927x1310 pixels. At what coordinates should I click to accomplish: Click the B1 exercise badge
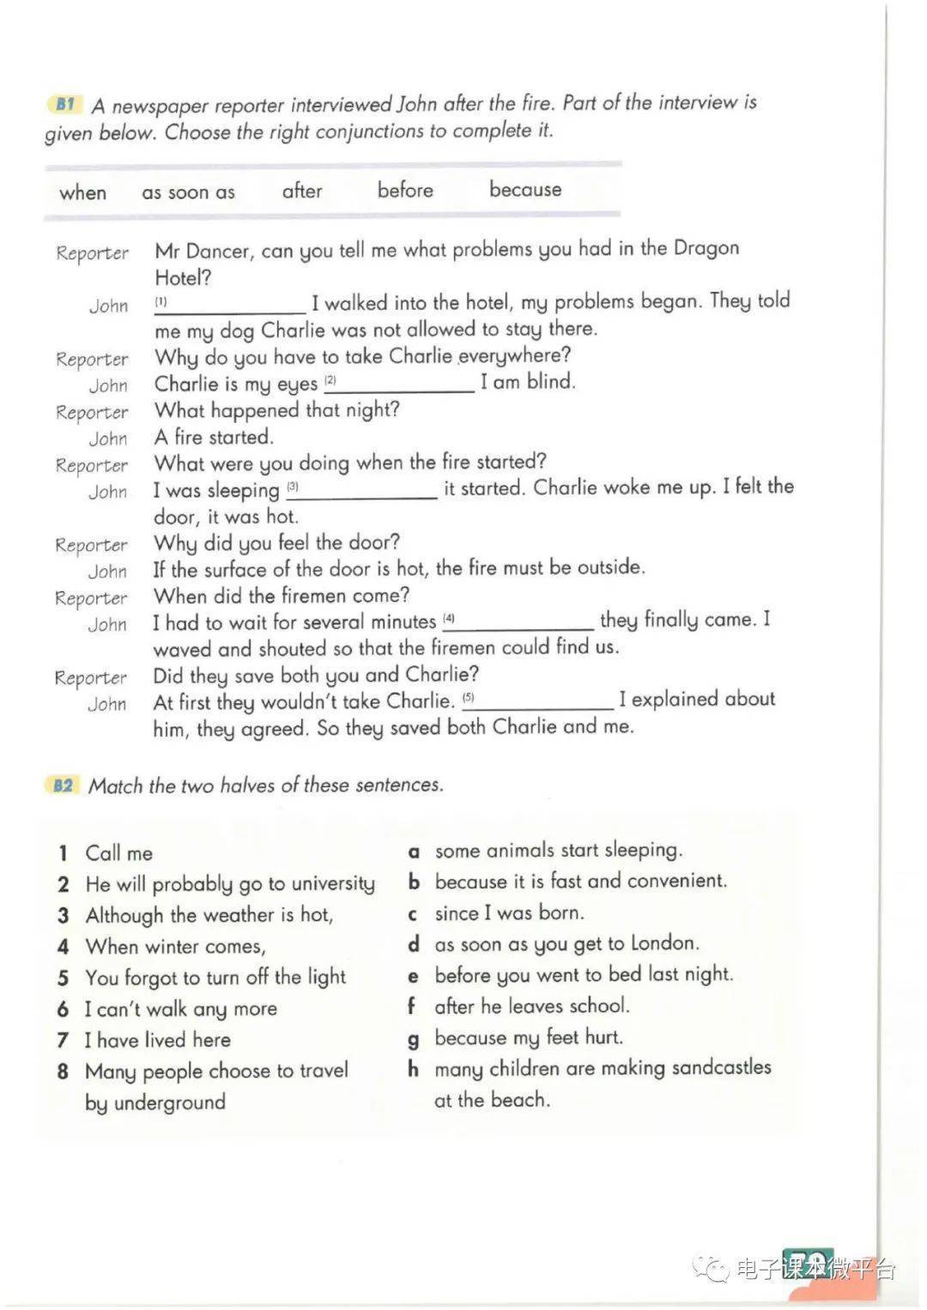click(x=64, y=105)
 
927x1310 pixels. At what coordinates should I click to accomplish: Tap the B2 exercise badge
click(x=63, y=785)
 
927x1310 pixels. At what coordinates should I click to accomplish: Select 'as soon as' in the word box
click(x=188, y=192)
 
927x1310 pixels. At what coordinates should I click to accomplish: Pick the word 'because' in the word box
click(x=525, y=189)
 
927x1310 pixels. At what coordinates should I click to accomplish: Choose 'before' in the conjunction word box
click(x=405, y=190)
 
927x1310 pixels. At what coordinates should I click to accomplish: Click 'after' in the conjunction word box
click(x=302, y=191)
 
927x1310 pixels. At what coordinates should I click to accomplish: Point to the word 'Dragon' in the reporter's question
click(x=706, y=248)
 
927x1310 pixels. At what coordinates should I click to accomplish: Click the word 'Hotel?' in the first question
click(x=183, y=277)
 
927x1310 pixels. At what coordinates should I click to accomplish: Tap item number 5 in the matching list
click(x=63, y=978)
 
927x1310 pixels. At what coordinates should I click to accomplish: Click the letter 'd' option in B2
click(x=414, y=944)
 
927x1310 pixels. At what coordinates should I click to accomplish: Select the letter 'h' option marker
click(x=414, y=1069)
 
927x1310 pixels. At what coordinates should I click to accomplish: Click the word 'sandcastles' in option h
click(x=721, y=1068)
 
